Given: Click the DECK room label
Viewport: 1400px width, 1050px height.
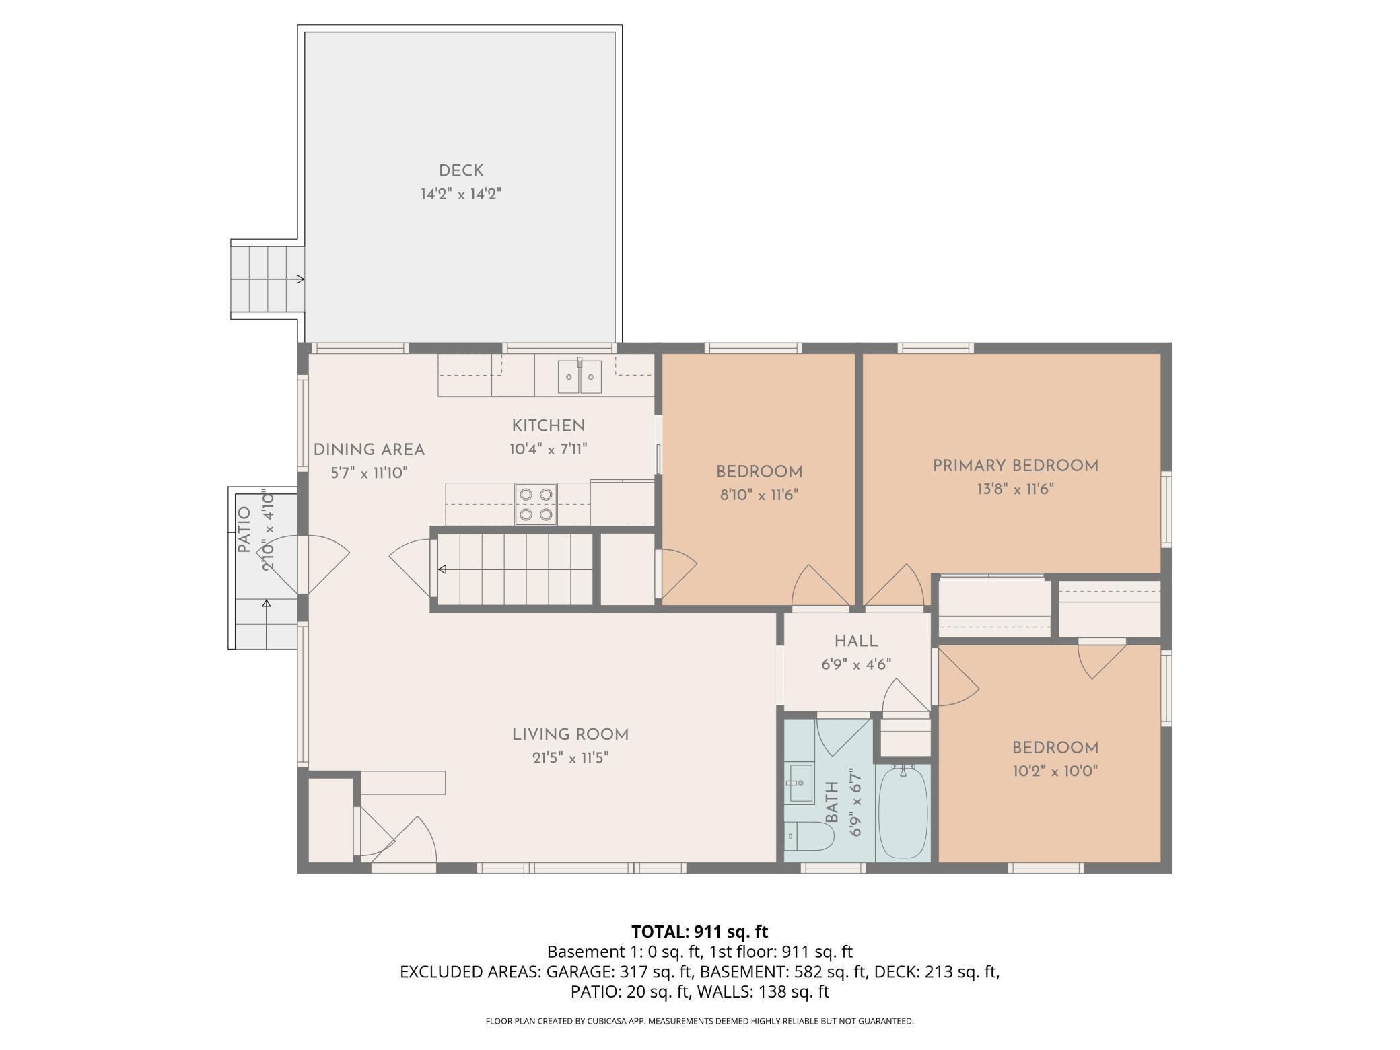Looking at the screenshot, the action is coord(461,171).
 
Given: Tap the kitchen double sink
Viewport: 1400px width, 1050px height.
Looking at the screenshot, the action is coord(580,377).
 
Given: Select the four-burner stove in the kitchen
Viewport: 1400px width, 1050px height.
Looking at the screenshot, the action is coord(536,504).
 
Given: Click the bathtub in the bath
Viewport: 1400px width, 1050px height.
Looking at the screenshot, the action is coord(903,812).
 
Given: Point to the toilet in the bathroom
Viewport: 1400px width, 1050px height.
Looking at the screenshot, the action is coord(810,837).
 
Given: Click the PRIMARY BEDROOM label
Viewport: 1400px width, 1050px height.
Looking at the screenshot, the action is coord(1015,466).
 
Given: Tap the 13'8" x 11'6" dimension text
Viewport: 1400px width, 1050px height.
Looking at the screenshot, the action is coord(1015,489).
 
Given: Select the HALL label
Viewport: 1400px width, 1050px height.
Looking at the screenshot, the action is coord(856,641).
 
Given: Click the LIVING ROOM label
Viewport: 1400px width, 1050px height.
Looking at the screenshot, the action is coord(570,735).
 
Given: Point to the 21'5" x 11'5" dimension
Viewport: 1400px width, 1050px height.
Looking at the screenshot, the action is coord(570,759).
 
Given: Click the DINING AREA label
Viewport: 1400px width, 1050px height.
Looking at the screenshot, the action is coord(369,450).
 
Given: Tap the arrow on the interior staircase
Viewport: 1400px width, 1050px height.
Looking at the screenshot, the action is coord(515,569).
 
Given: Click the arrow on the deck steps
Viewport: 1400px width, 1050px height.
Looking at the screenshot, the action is coord(267,279).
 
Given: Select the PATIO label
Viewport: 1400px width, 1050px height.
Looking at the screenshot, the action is coord(244,530).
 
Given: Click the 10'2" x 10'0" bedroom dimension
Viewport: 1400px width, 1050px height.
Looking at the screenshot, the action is coord(1055,771).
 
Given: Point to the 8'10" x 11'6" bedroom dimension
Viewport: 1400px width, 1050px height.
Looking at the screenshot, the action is coord(759,495).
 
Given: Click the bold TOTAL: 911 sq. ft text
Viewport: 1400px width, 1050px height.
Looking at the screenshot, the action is coord(699,932).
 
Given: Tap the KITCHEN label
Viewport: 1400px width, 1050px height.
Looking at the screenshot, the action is coord(549,425).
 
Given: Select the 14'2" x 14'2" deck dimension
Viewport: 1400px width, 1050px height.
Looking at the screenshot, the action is coord(461,195).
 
